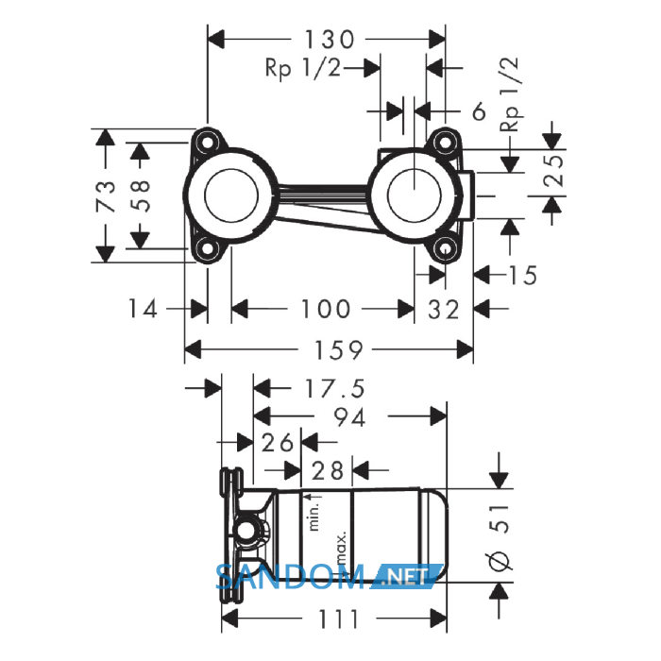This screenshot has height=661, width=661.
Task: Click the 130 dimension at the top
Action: [330, 40]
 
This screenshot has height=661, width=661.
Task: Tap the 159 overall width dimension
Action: [338, 350]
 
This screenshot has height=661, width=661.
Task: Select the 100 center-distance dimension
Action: [325, 309]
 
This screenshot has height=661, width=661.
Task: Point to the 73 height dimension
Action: [106, 195]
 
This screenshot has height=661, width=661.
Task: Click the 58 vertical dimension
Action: [141, 195]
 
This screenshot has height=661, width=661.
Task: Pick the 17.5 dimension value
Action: [334, 388]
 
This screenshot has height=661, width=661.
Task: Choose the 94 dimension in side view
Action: [349, 417]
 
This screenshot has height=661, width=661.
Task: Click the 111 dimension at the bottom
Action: [338, 619]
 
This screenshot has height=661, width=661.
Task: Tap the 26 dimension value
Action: [277, 443]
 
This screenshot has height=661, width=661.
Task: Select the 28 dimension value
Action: [327, 470]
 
